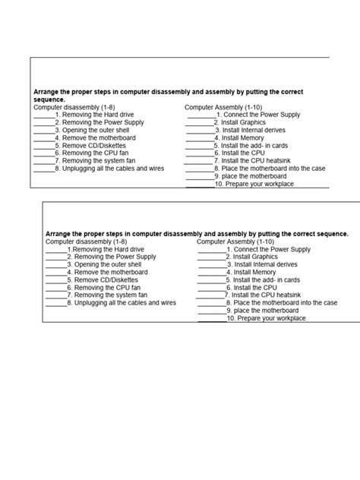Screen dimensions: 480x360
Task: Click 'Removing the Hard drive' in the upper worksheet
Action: (x=98, y=115)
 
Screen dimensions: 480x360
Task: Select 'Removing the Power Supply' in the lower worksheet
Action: (x=115, y=257)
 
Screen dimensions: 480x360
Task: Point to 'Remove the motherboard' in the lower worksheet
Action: (x=111, y=273)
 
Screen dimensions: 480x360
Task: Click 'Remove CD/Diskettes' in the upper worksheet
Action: (x=94, y=145)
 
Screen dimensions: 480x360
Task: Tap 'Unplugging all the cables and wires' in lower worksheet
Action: (x=125, y=303)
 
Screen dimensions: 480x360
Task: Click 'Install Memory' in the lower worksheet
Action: (x=254, y=273)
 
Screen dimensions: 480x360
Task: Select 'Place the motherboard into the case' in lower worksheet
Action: (x=285, y=303)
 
